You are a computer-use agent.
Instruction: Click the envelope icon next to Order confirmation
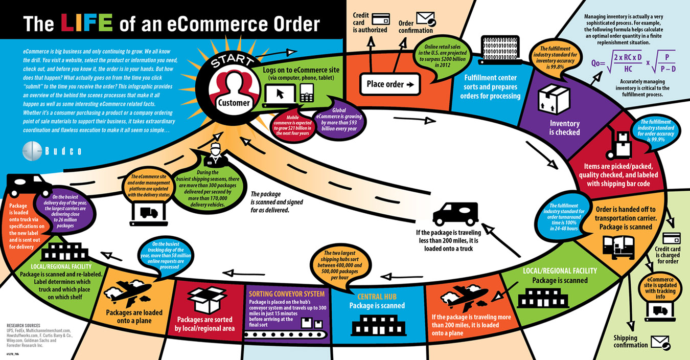[x=425, y=18]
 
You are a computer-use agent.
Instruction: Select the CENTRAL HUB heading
[x=376, y=297]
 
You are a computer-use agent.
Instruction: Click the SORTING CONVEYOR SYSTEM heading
[x=286, y=294]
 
